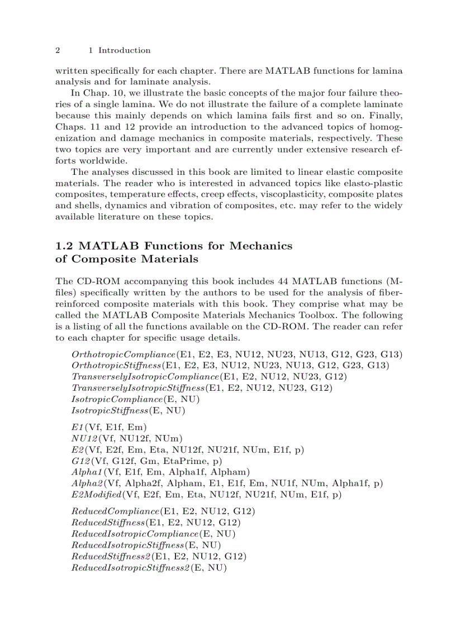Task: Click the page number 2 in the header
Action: [x=58, y=50]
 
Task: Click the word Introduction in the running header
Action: [x=124, y=50]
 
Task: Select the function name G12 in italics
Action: [x=80, y=461]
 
